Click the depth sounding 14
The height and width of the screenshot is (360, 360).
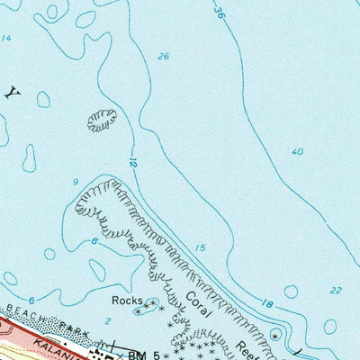[x=7, y=38]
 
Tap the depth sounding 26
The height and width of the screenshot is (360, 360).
[x=163, y=57]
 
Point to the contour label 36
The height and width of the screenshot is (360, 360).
[x=219, y=12]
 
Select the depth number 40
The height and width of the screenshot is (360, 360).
[x=297, y=151]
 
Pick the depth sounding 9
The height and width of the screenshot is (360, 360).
[x=76, y=183]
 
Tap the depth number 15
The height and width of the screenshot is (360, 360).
[x=200, y=247]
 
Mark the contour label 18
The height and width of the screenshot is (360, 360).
[x=268, y=305]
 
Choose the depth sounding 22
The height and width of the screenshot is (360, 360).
[x=336, y=290]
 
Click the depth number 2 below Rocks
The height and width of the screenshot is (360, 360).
[x=107, y=320]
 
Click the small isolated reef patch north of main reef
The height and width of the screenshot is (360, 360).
[x=102, y=119]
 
